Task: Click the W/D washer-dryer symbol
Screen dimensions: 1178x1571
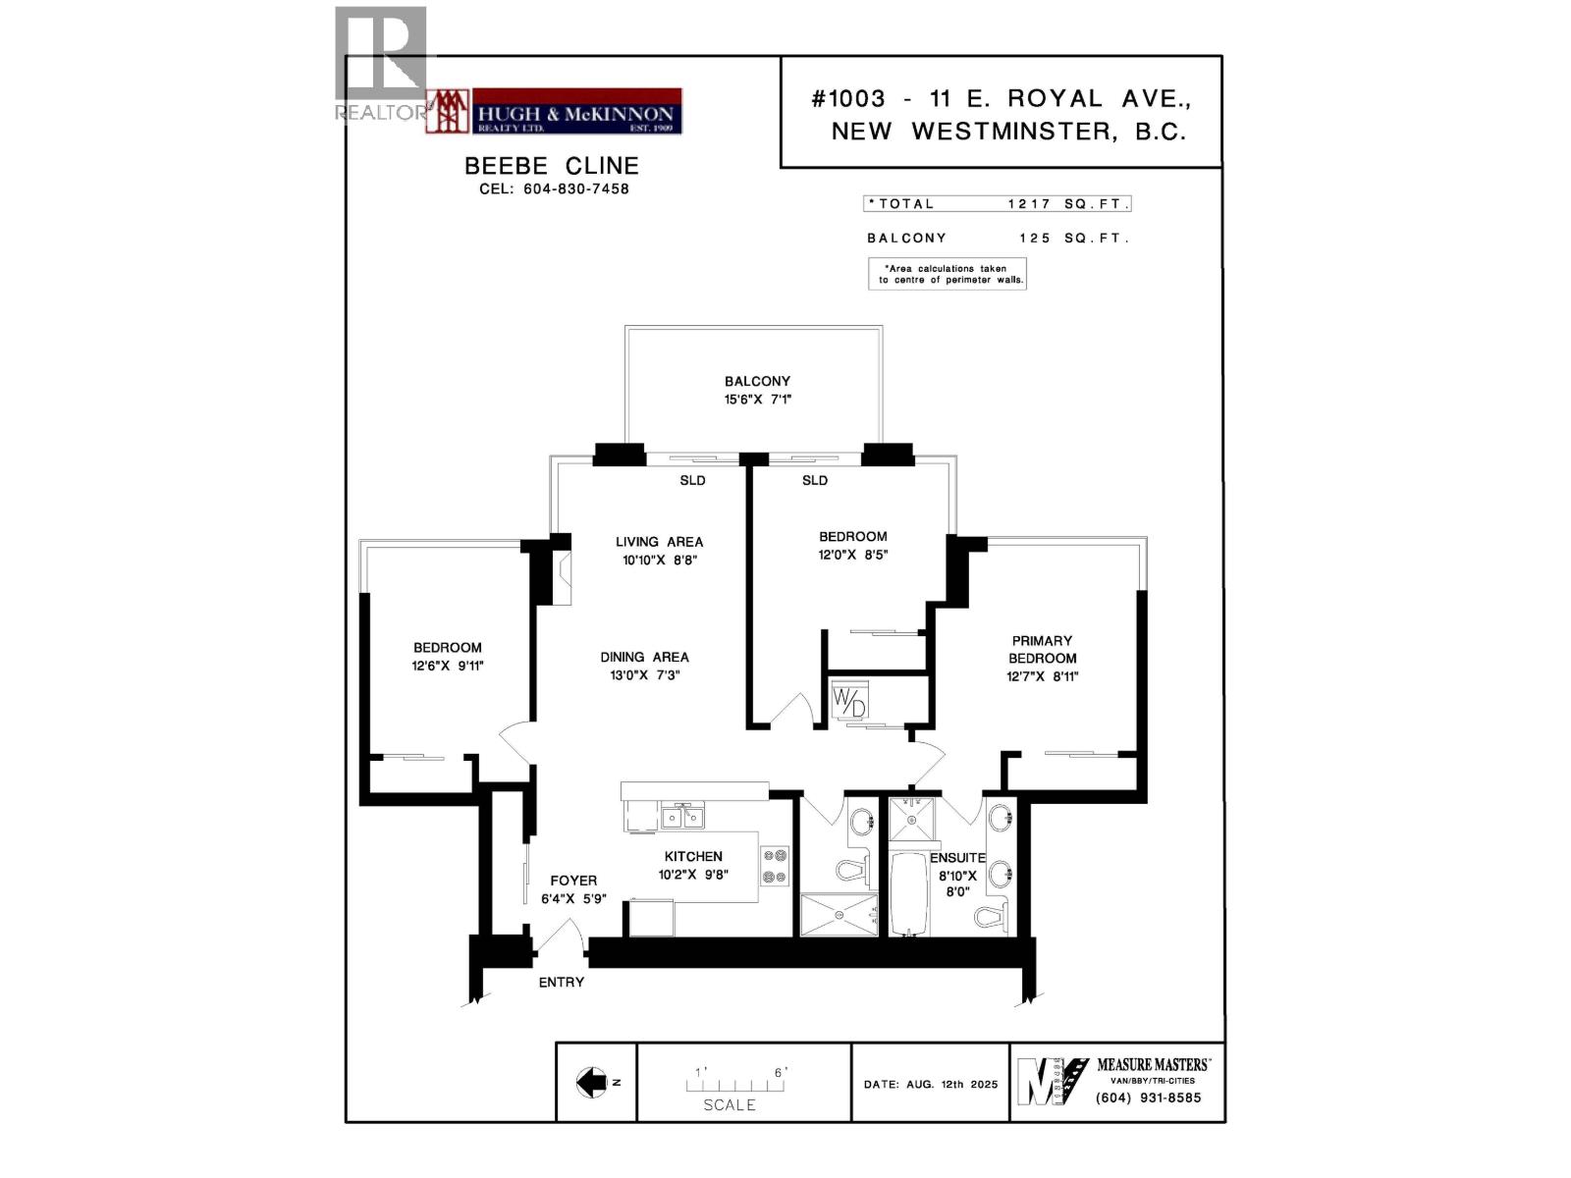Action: [x=849, y=700]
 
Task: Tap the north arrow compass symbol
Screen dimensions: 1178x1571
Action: [x=592, y=1082]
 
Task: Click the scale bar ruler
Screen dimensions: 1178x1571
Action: [x=736, y=1086]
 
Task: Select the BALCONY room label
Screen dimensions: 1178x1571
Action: [x=757, y=381]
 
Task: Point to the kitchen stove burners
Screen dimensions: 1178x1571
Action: [x=776, y=867]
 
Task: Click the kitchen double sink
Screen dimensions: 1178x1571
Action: [x=682, y=817]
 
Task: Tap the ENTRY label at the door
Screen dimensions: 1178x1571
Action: [x=562, y=982]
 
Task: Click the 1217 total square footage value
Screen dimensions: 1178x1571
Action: [x=1030, y=204]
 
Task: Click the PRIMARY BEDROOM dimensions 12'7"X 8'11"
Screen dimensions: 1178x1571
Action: [x=1042, y=676]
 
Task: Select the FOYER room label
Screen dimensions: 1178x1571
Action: [x=573, y=881]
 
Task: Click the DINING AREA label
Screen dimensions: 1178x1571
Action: [x=645, y=657]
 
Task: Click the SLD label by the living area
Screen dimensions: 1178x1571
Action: [x=692, y=480]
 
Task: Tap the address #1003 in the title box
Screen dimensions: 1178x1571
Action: [x=849, y=98]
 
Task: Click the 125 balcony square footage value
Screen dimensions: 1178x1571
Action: [x=1035, y=238]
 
